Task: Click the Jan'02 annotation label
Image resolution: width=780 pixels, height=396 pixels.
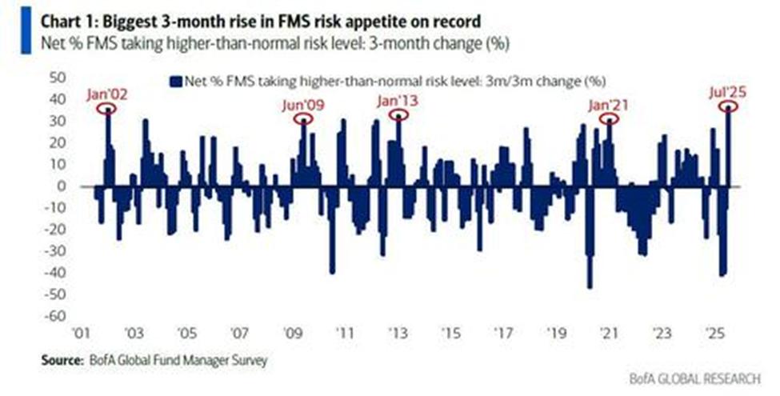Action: click(107, 94)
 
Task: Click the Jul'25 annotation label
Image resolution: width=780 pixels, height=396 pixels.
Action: click(727, 93)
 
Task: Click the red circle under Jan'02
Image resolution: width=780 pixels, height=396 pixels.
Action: click(108, 110)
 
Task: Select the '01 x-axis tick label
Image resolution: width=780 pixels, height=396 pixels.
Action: click(81, 333)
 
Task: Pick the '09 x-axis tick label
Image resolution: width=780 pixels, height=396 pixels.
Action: click(292, 333)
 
